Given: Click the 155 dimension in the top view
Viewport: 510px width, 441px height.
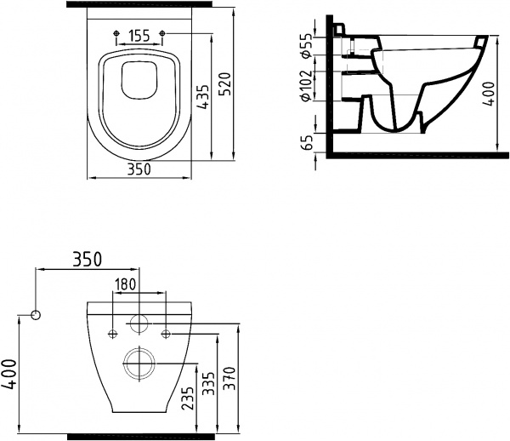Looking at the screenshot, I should (139, 36).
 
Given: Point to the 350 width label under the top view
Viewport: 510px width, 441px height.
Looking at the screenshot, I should (139, 169).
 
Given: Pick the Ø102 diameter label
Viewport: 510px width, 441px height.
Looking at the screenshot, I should (308, 84).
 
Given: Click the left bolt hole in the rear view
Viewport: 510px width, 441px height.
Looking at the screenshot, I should (111, 333).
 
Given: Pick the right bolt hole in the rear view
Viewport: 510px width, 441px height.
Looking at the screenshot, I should (167, 333).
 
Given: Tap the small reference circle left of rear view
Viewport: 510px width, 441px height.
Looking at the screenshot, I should (36, 315).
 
